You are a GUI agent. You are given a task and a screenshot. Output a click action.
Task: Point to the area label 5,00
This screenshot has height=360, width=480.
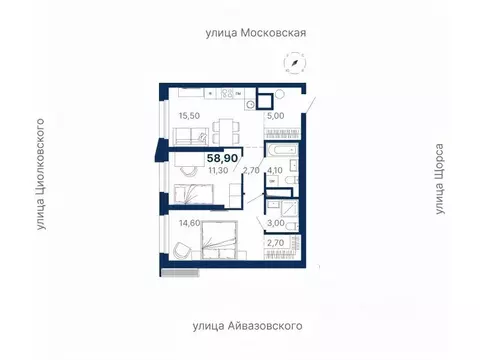277,116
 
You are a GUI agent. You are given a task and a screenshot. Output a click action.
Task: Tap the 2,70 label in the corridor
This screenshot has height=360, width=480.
252,170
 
